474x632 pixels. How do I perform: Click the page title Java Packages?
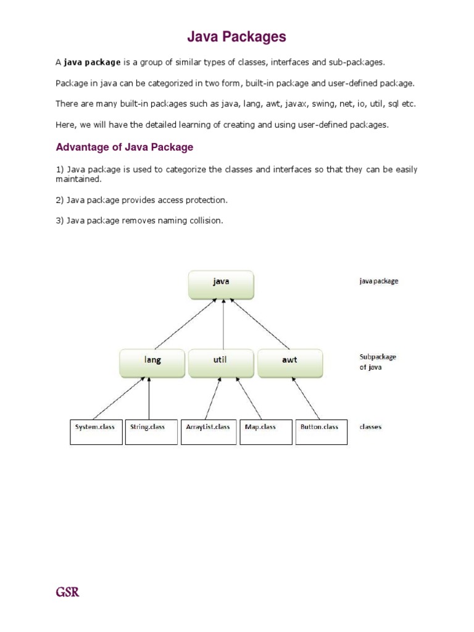click(x=237, y=37)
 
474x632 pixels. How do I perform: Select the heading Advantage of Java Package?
click(x=125, y=147)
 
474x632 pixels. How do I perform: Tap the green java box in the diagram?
click(x=221, y=284)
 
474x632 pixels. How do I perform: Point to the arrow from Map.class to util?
click(x=249, y=399)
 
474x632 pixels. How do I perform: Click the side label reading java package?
click(x=378, y=281)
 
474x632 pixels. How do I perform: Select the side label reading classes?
click(x=370, y=427)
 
